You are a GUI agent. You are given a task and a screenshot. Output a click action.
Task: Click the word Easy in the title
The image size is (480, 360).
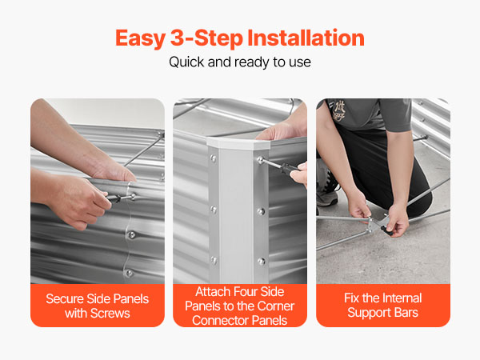[x=140, y=38]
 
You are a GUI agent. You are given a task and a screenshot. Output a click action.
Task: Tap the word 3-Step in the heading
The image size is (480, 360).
[x=206, y=38]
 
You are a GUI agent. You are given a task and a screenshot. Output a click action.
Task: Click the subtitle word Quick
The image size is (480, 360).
[x=186, y=62]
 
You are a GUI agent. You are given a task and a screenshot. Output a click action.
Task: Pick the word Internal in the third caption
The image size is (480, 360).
[x=402, y=298]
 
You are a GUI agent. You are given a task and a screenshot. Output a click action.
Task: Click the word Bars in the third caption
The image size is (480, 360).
[x=406, y=313]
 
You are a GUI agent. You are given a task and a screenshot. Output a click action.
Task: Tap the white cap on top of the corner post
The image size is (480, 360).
[x=238, y=142]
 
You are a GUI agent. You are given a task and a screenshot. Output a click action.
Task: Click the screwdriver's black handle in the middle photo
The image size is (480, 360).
[x=290, y=168]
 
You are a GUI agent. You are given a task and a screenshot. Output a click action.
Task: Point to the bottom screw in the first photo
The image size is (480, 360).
[x=130, y=273]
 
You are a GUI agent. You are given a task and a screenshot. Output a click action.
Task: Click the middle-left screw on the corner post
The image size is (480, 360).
[x=214, y=210]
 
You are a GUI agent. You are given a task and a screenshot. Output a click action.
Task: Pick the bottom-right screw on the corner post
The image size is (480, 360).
[x=261, y=261]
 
